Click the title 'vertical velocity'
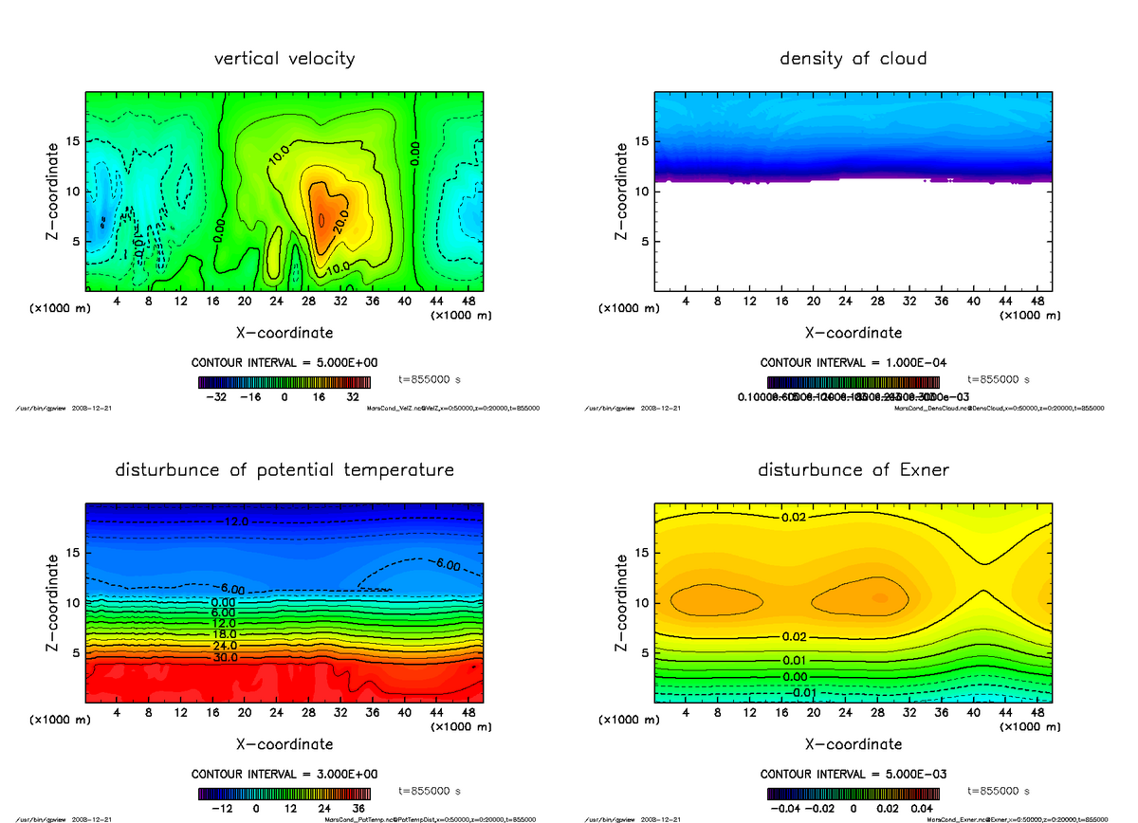[284, 59]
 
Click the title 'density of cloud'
[853, 59]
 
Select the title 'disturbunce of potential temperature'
[284, 470]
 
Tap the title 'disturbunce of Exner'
[853, 470]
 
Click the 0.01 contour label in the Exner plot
[795, 660]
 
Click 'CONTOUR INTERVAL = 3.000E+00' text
[284, 774]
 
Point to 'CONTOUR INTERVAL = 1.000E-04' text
[853, 363]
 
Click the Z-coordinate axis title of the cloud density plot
[622, 191]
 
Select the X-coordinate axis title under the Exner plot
[853, 744]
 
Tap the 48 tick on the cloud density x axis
[1037, 301]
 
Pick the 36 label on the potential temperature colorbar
[359, 809]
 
